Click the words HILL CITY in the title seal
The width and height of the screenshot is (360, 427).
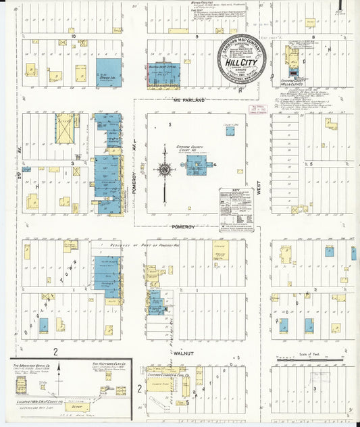click(x=241, y=63)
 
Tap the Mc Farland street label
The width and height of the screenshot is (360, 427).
click(x=189, y=101)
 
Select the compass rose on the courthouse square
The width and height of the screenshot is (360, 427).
click(x=163, y=168)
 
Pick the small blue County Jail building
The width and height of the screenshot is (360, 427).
click(x=230, y=131)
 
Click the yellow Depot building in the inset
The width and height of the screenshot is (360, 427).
click(x=80, y=407)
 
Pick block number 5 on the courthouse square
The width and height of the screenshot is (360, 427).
click(x=171, y=125)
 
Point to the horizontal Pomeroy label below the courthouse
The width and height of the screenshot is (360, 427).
click(x=182, y=226)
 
